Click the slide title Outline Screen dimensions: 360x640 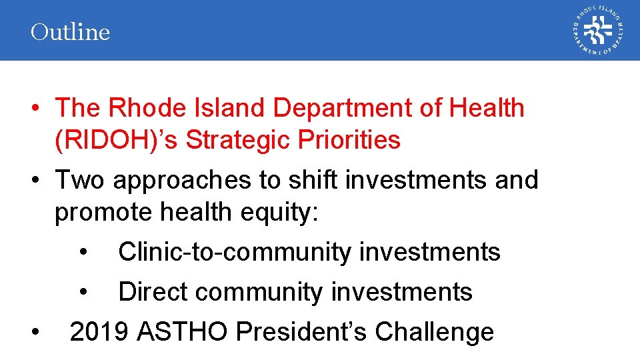pyautogui.click(x=70, y=32)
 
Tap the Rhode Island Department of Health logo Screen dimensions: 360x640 pyautogui.click(x=597, y=31)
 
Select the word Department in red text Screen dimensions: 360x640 pyautogui.click(x=346, y=108)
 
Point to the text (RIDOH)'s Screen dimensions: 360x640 pyautogui.click(x=117, y=140)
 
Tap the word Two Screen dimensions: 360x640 pyautogui.click(x=81, y=180)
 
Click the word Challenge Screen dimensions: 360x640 pyautogui.click(x=435, y=331)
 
